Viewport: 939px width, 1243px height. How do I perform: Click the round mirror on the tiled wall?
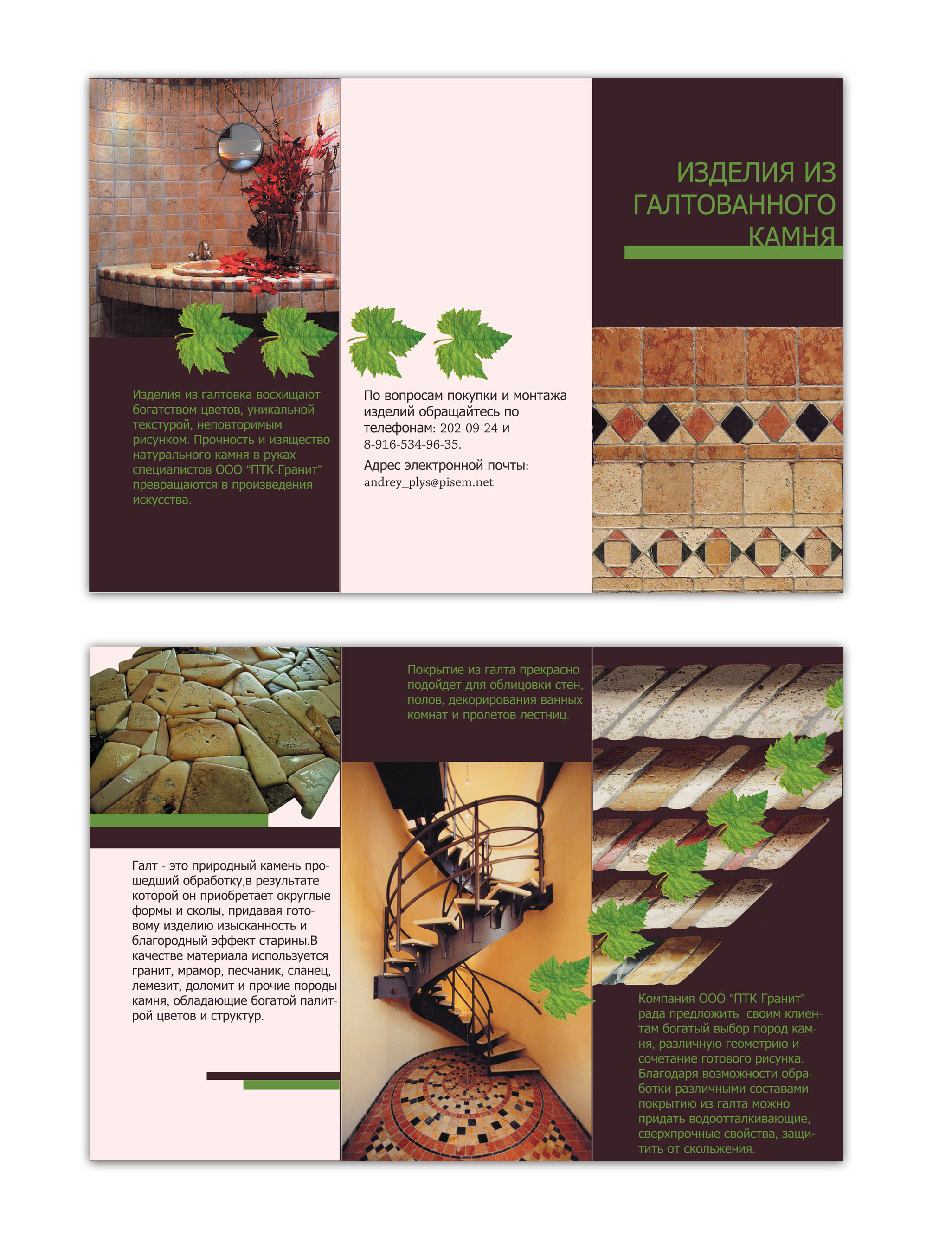[x=240, y=147]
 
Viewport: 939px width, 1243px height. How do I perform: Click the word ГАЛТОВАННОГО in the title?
[x=734, y=205]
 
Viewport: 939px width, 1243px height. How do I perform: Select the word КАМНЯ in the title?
[x=792, y=237]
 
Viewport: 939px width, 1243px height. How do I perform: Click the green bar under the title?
[x=733, y=252]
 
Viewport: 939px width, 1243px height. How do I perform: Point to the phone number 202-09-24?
[x=468, y=428]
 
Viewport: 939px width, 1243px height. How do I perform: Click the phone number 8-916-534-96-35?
[x=412, y=444]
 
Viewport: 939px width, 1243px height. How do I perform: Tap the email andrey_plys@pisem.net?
[x=429, y=482]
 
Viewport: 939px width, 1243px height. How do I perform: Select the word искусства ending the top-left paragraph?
[x=161, y=500]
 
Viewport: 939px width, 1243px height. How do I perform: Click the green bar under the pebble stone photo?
[x=179, y=820]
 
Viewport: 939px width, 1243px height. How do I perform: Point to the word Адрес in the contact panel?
[x=382, y=465]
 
